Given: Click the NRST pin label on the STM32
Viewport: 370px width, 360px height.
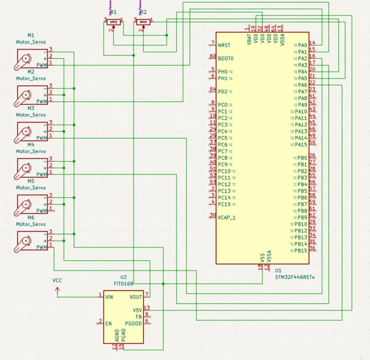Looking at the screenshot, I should pos(224,45).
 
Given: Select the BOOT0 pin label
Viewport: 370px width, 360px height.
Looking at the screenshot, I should pos(226,59).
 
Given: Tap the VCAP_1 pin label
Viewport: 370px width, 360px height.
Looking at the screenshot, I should pos(227,217).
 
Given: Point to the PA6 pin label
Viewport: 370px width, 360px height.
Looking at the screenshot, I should pos(302,85).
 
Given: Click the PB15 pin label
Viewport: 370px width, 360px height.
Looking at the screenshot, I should pos(301,251).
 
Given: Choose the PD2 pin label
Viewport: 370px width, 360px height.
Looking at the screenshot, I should pos(223,91).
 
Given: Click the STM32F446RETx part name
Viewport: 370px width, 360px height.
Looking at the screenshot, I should pos(295,277).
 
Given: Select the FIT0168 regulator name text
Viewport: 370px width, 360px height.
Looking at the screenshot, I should pos(124,284).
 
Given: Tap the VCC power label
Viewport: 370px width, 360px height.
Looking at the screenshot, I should pos(57,280).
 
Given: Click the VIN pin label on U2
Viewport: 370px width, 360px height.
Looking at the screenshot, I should pos(109,297).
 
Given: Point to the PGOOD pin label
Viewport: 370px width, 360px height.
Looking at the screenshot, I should pos(133,323).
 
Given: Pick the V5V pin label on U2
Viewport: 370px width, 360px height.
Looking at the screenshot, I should pos(137,310).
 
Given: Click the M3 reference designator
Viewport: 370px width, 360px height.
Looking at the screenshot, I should pos(30,108).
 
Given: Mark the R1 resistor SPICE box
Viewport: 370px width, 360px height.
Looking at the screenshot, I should pos(112,22).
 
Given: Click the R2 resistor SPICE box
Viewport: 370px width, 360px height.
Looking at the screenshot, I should pos(143,22).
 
